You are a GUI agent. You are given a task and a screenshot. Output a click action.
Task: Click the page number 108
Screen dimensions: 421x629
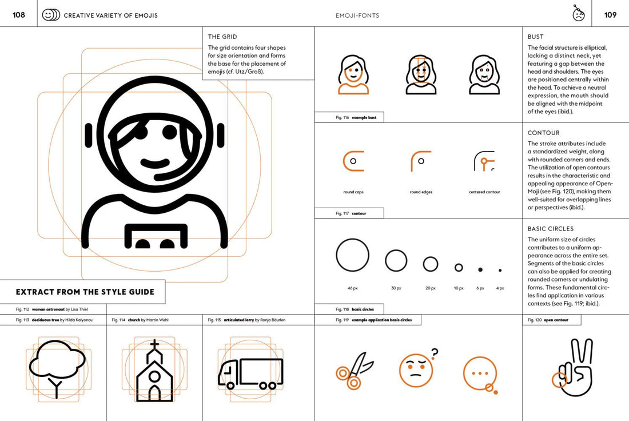tap(19, 15)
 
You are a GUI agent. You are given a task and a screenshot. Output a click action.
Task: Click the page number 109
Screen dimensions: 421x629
tap(610, 15)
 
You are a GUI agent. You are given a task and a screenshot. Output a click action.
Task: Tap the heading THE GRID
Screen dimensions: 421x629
tap(222, 37)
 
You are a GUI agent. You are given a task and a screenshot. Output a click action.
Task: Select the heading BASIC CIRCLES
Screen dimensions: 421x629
tap(551, 229)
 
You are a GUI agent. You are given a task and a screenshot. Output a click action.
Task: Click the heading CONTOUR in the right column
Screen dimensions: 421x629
tap(544, 133)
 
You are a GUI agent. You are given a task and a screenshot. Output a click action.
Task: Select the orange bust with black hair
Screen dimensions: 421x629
tap(353, 75)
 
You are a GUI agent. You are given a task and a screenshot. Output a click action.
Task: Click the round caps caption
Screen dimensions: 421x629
tap(353, 192)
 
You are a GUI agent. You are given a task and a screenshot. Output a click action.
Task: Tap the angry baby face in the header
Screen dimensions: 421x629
tap(579, 14)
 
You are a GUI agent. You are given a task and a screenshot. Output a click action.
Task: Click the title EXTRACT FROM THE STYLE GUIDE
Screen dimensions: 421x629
tap(85, 292)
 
